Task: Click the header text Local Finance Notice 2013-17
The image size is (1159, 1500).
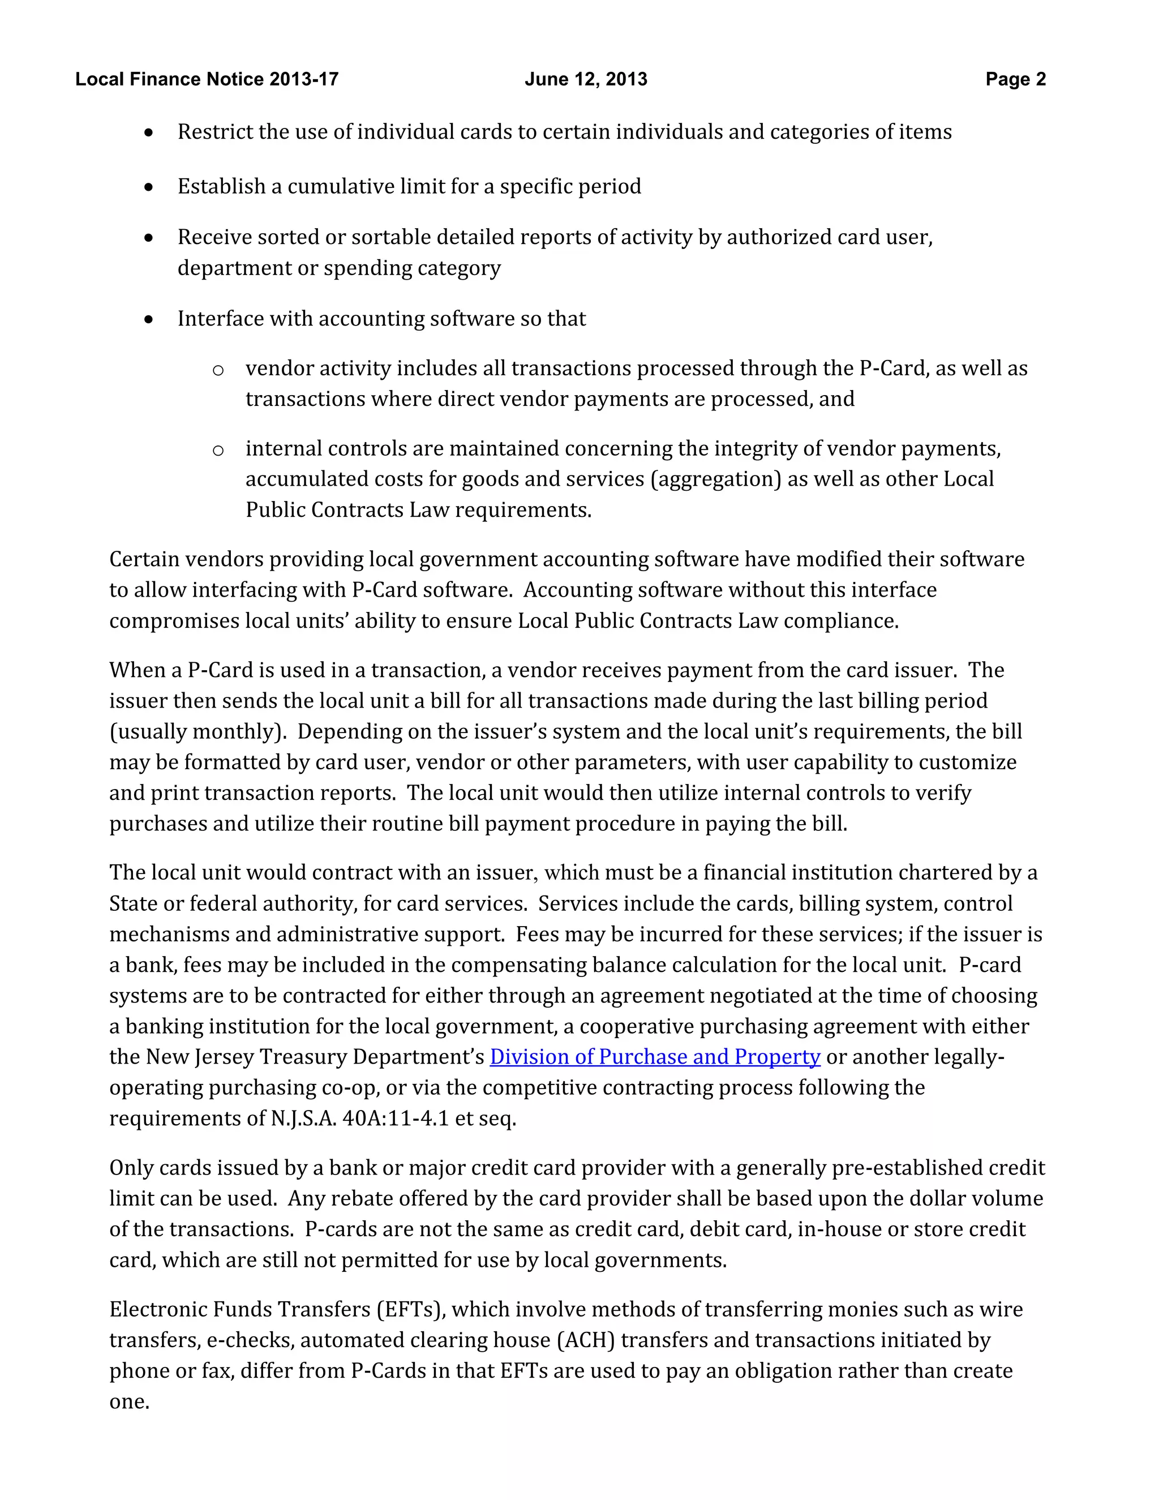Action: [x=207, y=79]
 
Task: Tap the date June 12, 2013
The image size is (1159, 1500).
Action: [x=586, y=79]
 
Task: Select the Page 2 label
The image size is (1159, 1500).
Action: [x=1015, y=79]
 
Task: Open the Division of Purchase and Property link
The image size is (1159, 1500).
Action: [x=654, y=1057]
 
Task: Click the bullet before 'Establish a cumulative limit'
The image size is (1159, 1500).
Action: [x=149, y=187]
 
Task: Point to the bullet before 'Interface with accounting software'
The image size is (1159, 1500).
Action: [x=149, y=319]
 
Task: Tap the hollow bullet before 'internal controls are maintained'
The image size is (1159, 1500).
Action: [x=218, y=451]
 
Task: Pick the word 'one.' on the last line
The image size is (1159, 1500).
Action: [x=129, y=1401]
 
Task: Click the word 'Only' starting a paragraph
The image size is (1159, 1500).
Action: [x=131, y=1168]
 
